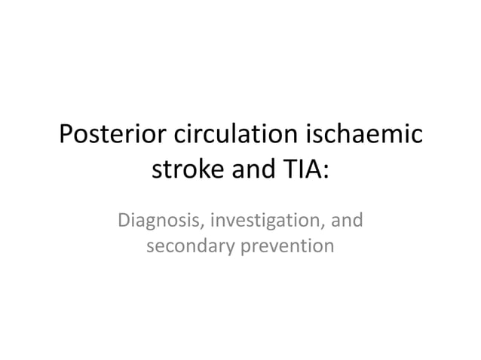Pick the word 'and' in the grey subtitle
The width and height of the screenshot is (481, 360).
(x=348, y=221)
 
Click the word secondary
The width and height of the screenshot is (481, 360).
(x=189, y=246)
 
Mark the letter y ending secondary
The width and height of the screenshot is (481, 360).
(x=231, y=248)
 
